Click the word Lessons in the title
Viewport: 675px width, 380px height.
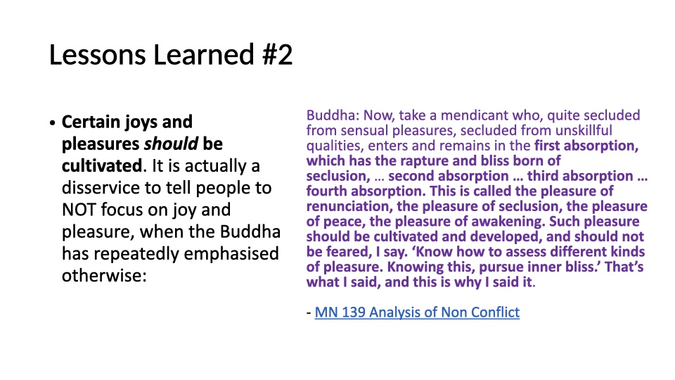[x=98, y=55]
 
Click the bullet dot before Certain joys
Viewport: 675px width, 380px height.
[x=53, y=123]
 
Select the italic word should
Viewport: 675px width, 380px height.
[x=171, y=144]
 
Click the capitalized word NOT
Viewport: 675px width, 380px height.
[x=79, y=210]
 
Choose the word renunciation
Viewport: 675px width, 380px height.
[x=349, y=206]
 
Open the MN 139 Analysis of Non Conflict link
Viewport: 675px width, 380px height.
[x=417, y=312]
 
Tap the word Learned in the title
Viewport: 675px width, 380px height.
[x=204, y=55]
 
